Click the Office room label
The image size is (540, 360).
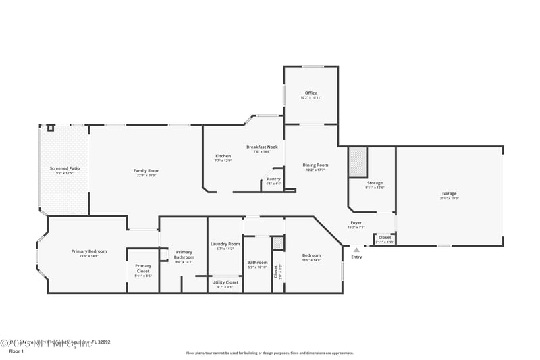click(x=310, y=93)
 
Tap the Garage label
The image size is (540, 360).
click(x=450, y=194)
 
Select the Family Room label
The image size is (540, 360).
click(x=146, y=170)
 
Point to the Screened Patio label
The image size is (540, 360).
click(x=65, y=168)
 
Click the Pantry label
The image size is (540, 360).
click(x=273, y=179)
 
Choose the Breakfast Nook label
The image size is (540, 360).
click(x=262, y=147)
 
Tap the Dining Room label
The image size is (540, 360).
click(x=315, y=165)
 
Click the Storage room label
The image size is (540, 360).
click(x=375, y=183)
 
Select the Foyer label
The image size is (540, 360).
click(x=356, y=223)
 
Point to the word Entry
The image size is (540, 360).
click(x=356, y=257)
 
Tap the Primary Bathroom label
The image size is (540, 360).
click(x=184, y=255)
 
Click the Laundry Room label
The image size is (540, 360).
click(x=225, y=244)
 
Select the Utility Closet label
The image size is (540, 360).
click(x=225, y=282)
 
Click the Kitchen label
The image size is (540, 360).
click(x=223, y=156)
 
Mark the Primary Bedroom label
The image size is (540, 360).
click(x=89, y=251)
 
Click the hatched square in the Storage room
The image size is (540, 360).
click(x=357, y=161)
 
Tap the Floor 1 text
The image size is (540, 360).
click(x=16, y=351)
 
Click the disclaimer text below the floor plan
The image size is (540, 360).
click(x=269, y=353)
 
